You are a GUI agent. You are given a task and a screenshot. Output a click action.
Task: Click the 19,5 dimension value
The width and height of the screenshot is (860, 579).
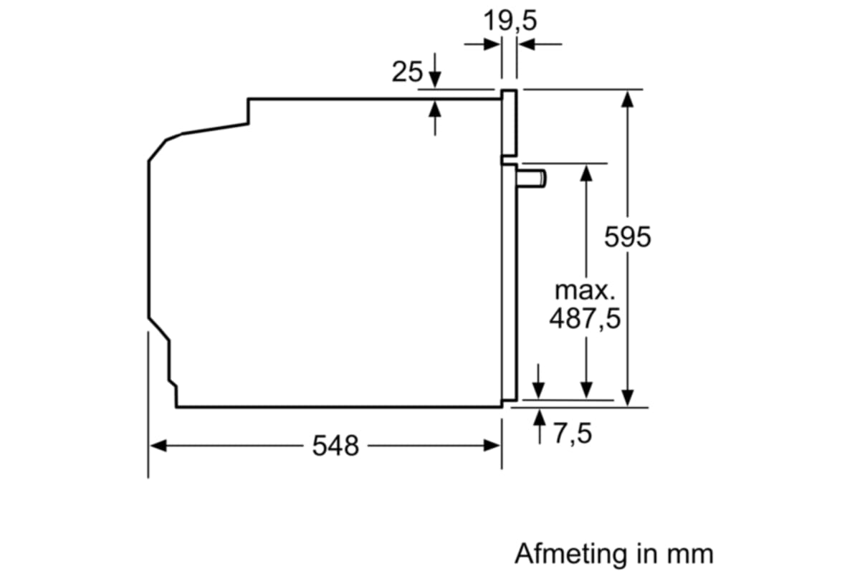coord(509,21)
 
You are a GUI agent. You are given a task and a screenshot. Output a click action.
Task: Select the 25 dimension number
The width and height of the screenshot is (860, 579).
coord(407,72)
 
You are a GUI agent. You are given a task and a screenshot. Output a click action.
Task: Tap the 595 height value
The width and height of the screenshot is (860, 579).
coord(627,237)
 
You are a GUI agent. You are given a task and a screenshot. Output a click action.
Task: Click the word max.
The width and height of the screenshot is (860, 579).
coord(585,291)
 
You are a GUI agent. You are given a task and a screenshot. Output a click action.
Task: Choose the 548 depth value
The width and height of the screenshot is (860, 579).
coord(335,446)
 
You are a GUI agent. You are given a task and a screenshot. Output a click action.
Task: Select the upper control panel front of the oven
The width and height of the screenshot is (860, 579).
coord(508,123)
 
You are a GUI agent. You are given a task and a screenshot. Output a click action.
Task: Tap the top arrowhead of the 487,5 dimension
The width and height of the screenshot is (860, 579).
coord(586,173)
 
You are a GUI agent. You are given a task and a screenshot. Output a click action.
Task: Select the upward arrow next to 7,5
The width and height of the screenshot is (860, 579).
coord(539,418)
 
